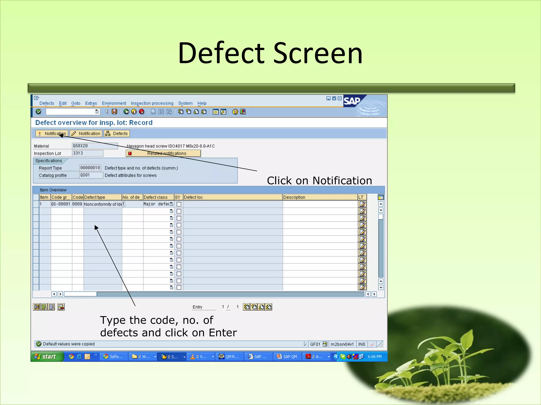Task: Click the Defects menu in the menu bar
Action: (47, 103)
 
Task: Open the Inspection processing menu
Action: (152, 103)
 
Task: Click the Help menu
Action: (202, 103)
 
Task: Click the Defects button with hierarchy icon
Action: (117, 134)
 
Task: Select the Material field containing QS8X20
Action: (95, 146)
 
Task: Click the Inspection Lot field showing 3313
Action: (87, 153)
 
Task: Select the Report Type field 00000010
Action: (90, 168)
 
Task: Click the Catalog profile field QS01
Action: (91, 175)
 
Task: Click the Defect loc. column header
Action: (232, 197)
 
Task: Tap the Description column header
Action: (320, 197)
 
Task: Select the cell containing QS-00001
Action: (61, 204)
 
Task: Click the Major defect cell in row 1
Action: (156, 204)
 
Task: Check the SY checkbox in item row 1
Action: (179, 204)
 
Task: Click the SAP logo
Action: (352, 101)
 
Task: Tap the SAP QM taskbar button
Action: (287, 356)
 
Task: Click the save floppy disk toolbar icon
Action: (114, 112)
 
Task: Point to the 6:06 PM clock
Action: (375, 356)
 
